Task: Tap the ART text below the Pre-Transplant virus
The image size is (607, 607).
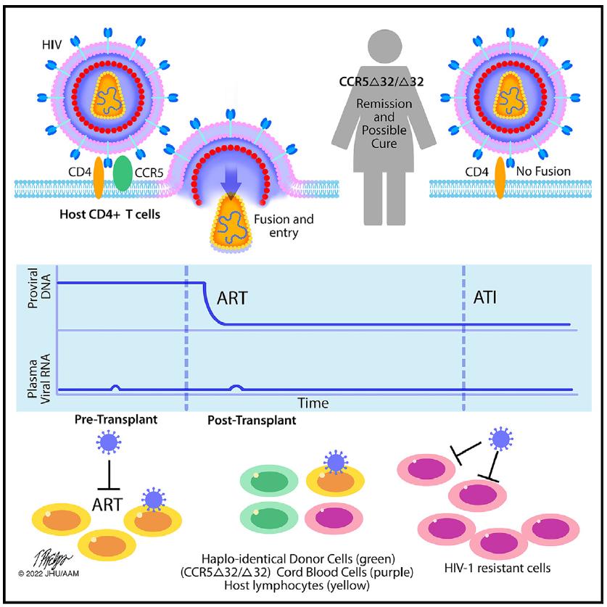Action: coord(109,501)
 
